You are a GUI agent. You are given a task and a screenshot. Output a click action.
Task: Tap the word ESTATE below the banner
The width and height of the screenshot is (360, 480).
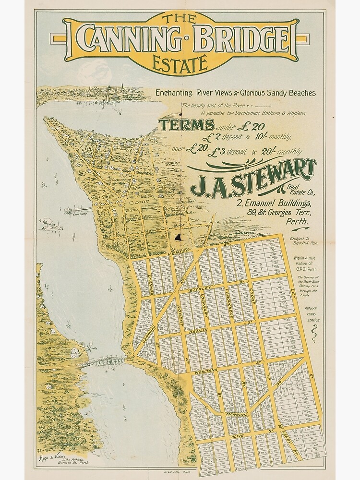[179, 63]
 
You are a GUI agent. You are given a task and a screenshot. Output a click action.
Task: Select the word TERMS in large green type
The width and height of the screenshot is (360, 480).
[187, 125]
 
